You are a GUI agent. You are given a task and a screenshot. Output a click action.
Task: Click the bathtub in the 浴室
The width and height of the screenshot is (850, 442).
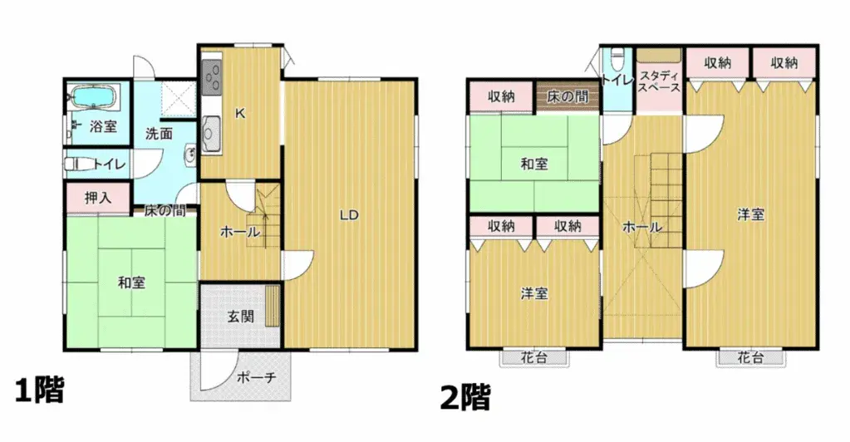coord(95,98)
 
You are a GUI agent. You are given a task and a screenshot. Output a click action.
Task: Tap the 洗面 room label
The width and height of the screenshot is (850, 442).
coord(159,133)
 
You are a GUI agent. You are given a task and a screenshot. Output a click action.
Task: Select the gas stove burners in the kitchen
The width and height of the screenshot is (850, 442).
coord(211,79)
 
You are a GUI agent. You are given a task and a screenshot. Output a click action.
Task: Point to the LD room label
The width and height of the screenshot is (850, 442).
coord(349,215)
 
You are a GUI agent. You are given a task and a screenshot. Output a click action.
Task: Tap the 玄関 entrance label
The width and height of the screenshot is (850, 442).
coord(241,316)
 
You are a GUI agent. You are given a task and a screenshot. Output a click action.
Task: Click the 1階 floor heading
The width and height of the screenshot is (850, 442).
coord(39,390)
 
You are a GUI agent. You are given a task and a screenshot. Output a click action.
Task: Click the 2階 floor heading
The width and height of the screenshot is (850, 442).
coord(465,397)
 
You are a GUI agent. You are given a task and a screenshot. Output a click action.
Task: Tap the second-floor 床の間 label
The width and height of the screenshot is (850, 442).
coord(567,96)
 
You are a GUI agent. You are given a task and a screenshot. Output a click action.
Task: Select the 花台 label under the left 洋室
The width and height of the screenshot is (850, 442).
coord(533,358)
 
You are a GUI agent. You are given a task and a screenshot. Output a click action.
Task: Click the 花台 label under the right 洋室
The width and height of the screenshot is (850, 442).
coord(749,358)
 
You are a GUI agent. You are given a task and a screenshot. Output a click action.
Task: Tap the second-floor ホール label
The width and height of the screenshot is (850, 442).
coord(641,227)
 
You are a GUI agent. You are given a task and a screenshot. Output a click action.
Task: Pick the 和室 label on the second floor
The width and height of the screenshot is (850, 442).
coord(533,164)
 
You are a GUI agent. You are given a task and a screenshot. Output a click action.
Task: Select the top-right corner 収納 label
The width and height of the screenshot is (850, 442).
coord(784,62)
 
